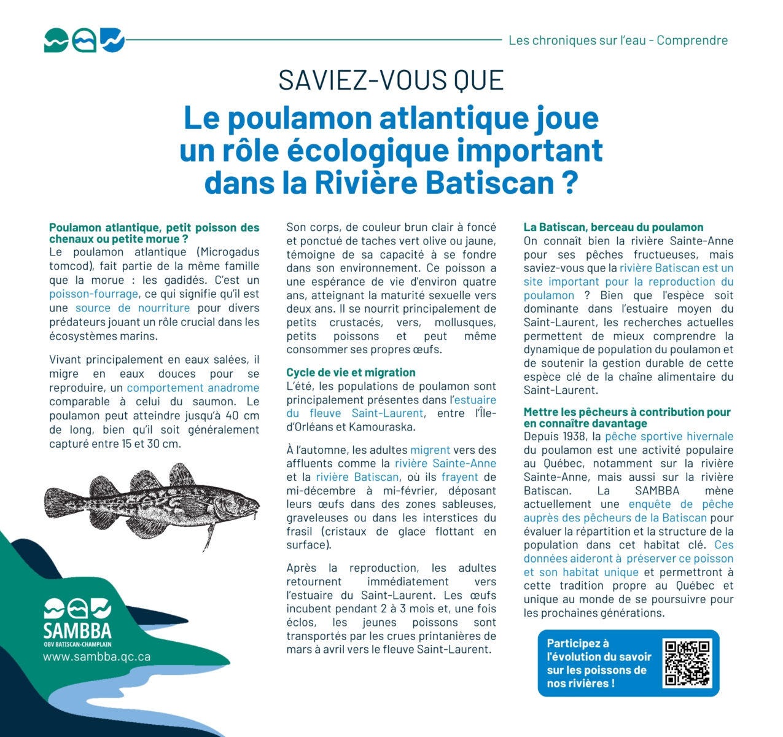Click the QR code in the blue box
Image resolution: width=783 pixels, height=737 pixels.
coord(687,663)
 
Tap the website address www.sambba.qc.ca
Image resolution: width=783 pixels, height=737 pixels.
coord(96,657)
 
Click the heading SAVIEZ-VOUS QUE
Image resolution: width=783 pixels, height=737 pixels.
coord(391,80)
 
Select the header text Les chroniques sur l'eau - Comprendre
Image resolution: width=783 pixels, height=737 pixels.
coord(618,41)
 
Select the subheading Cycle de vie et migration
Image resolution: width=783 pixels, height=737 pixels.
coord(351,373)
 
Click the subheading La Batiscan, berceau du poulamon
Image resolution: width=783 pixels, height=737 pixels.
coord(614,227)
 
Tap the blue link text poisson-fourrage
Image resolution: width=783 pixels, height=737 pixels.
coord(93,294)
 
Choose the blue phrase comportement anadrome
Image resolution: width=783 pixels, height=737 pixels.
coord(193,388)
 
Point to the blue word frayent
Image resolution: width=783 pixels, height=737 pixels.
coord(459,477)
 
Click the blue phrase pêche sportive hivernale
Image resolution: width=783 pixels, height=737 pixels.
coord(669,437)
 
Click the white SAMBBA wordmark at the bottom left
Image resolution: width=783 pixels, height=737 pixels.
coord(77,631)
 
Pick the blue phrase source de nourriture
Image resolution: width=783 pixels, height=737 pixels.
coord(133,308)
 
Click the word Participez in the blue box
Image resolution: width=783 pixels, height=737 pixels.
coord(574,644)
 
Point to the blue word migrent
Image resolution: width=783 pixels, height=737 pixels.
coord(430,450)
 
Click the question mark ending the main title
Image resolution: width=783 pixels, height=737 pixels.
coord(569,182)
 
